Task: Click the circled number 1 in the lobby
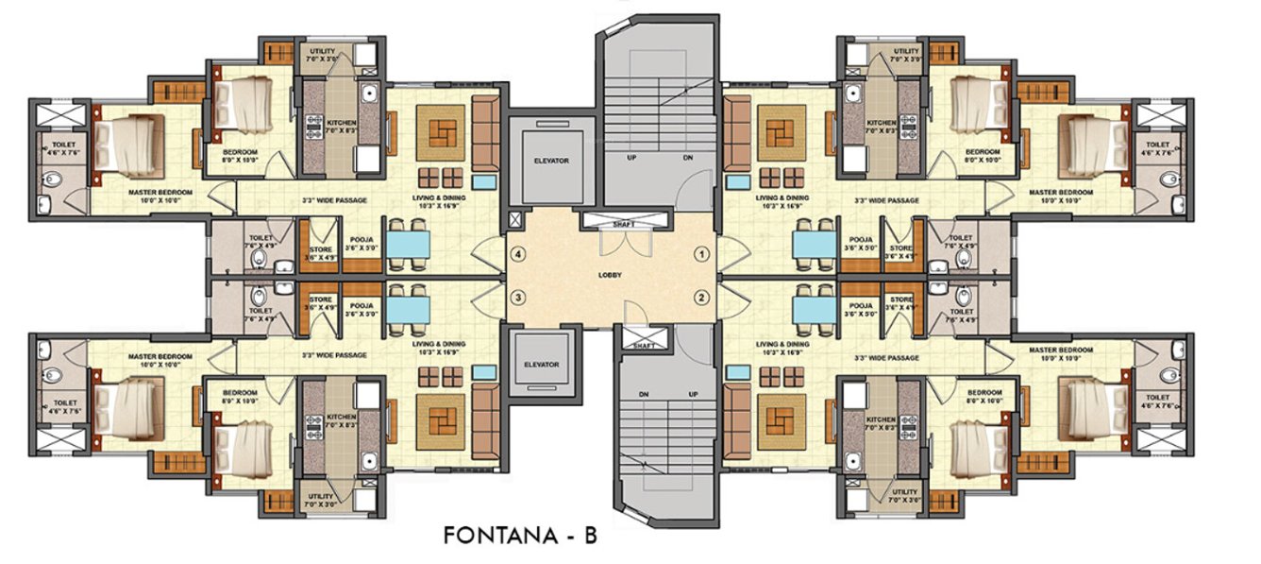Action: (702, 253)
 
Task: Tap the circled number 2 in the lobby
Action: (702, 298)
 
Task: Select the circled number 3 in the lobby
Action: (517, 298)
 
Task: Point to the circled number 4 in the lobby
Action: (517, 253)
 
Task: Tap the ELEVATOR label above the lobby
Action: (551, 161)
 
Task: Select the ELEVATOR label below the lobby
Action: (542, 364)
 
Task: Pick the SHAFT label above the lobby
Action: (625, 224)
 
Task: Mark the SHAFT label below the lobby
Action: (645, 347)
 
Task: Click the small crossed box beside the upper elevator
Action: (513, 220)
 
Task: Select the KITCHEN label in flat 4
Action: (341, 123)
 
